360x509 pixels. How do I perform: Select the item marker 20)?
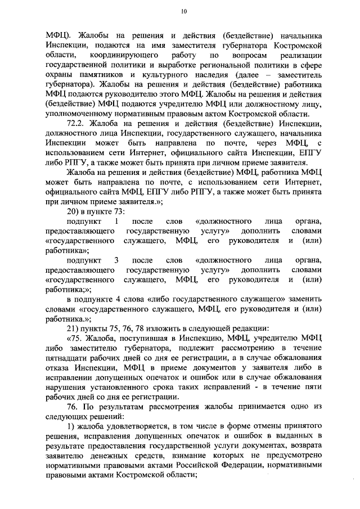point(74,211)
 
